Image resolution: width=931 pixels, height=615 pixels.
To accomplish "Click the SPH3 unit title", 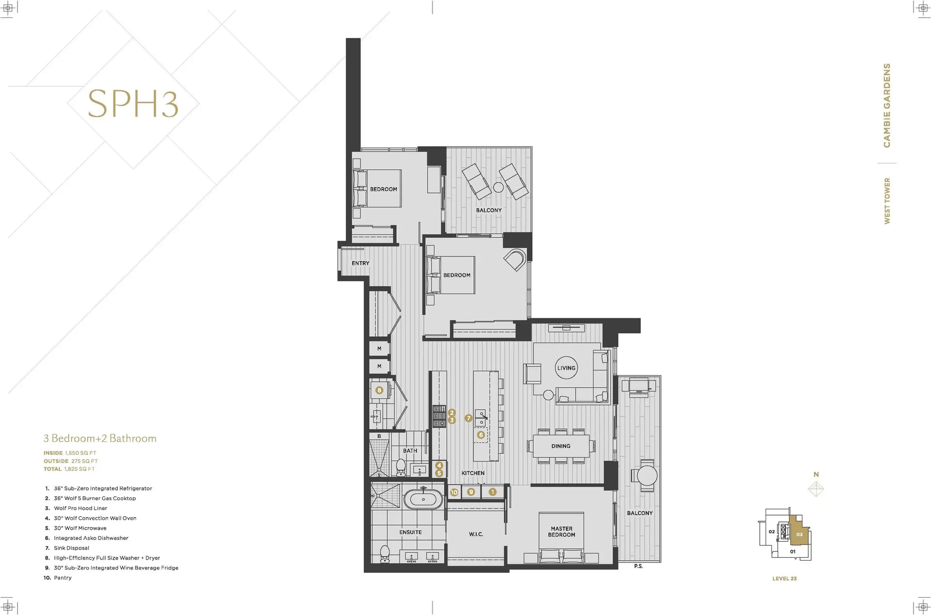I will click(133, 104).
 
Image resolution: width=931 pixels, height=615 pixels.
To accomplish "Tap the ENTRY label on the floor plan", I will click(360, 263).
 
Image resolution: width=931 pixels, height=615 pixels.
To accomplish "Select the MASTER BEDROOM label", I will click(562, 532).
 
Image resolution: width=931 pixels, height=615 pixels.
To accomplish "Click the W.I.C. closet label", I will click(476, 534).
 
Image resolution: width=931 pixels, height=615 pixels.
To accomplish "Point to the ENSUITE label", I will click(410, 532).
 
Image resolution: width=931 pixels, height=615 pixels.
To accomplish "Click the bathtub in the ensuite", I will click(423, 499).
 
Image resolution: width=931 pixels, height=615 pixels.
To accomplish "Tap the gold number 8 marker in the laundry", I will click(379, 390).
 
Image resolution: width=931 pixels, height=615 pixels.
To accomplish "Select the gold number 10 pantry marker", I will click(454, 492).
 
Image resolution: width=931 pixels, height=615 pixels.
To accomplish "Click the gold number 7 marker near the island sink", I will click(468, 418).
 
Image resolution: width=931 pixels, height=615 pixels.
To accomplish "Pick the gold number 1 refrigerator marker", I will click(492, 492).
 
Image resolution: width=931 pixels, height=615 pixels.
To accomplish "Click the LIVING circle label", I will click(566, 368).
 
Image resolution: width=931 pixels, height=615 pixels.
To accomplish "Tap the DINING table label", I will click(561, 446).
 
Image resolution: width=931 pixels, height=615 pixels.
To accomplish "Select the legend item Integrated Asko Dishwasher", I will click(91, 538).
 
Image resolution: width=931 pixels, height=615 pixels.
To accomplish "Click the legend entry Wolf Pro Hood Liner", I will click(80, 508).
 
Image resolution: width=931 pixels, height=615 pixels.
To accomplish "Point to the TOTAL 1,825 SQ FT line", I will click(69, 469).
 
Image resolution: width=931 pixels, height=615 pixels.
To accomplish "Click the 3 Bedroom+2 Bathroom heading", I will click(100, 438).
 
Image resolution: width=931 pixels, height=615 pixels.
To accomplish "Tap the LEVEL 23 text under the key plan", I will click(784, 579).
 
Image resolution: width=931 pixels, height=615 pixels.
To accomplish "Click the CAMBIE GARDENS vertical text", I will click(887, 105).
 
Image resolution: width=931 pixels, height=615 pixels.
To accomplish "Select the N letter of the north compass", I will click(816, 474).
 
